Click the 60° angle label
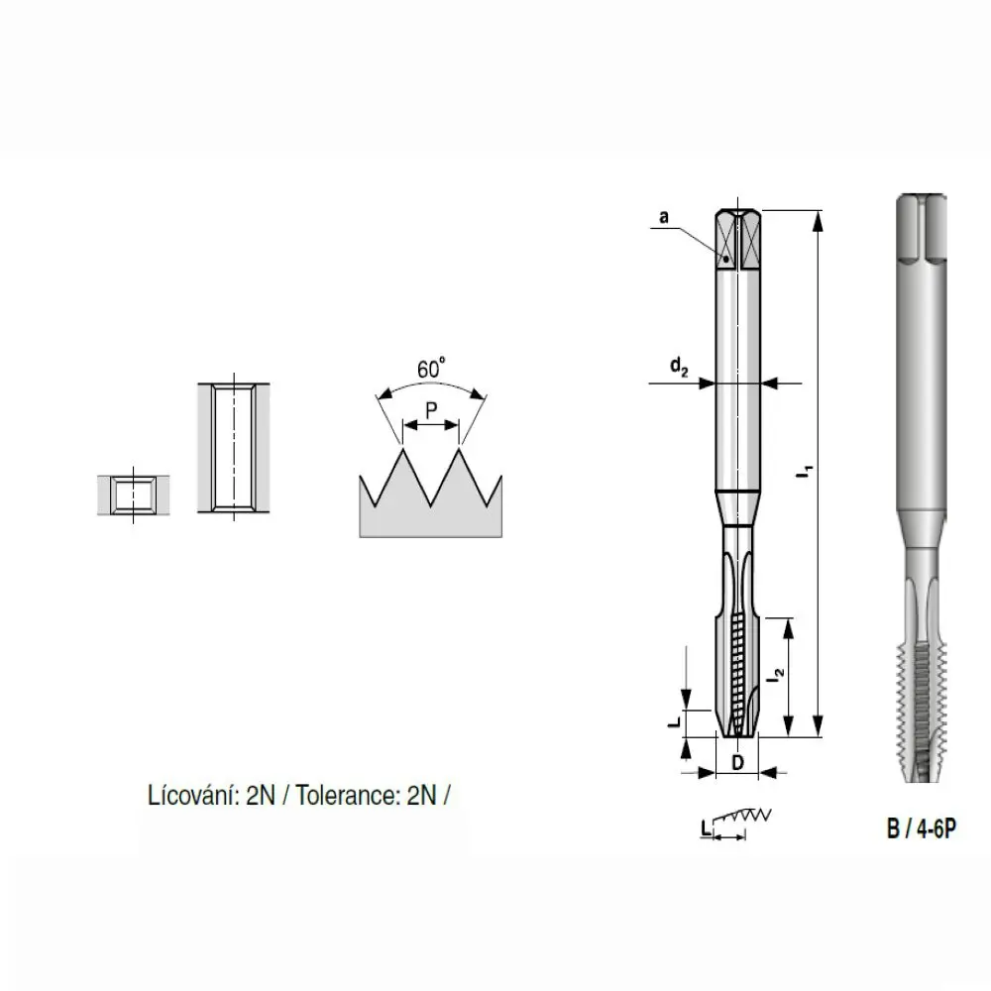pyautogui.click(x=431, y=368)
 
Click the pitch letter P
pyautogui.click(x=431, y=411)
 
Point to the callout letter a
pyautogui.click(x=664, y=217)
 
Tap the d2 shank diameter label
pyautogui.click(x=679, y=367)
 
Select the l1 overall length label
pyautogui.click(x=805, y=472)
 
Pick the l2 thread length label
pyautogui.click(x=776, y=674)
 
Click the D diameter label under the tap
pyautogui.click(x=737, y=763)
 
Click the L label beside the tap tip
pyautogui.click(x=674, y=720)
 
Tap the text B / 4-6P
pyautogui.click(x=922, y=827)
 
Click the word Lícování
pyautogui.click(x=193, y=795)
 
